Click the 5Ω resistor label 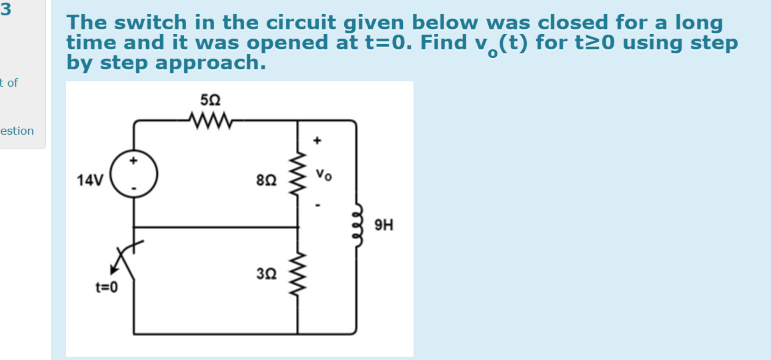(209, 101)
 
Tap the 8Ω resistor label (263, 179)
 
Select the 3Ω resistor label (263, 273)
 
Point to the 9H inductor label (384, 225)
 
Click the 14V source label (89, 180)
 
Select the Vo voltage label (323, 176)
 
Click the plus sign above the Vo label (318, 141)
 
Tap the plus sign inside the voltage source (134, 161)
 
